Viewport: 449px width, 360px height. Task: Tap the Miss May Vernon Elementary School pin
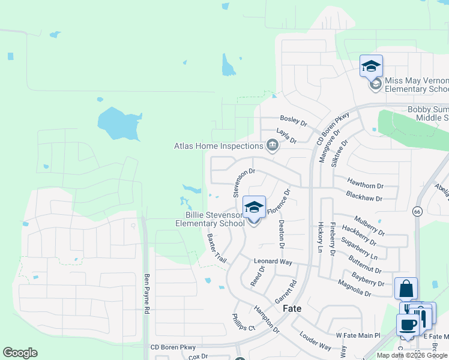[371, 67]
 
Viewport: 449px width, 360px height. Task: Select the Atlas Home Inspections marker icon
[273, 145]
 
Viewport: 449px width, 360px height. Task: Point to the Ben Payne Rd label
[146, 294]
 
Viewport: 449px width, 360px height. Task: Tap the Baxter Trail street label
[217, 248]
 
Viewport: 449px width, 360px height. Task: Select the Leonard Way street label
[273, 262]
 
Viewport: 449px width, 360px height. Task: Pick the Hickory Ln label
[321, 237]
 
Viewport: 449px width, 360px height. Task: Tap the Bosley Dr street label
[293, 120]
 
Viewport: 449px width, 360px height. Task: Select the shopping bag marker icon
[406, 289]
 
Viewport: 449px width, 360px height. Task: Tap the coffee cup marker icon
[408, 325]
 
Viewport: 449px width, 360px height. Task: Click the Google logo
[20, 353]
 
